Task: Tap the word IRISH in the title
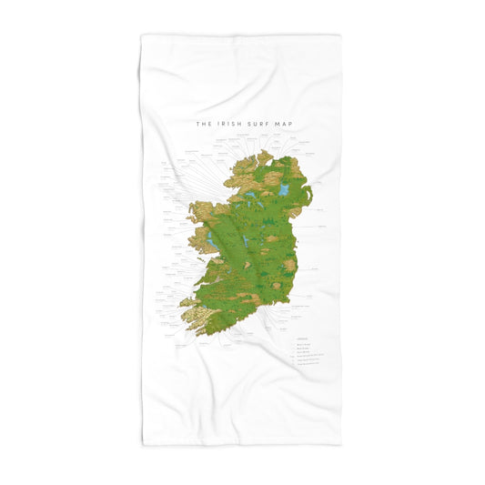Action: pos(227,126)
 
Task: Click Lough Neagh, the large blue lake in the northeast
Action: pos(284,192)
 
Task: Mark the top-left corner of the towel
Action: pos(142,36)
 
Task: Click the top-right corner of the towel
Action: pos(341,36)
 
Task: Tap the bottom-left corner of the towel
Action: pos(144,445)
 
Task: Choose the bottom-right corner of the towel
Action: pos(341,445)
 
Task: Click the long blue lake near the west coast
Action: pos(210,239)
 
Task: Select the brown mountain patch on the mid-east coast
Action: pos(289,265)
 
